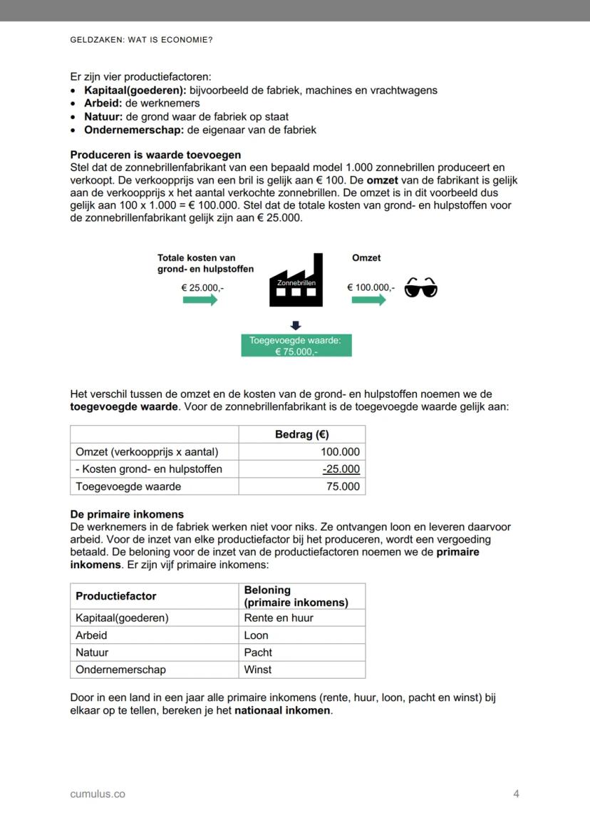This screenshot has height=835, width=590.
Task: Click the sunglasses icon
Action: coord(420,289)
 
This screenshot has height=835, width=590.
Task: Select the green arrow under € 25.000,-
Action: coord(200,301)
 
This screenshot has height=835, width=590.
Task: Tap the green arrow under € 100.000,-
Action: coord(368,301)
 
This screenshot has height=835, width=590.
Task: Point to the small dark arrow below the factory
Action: coord(296,324)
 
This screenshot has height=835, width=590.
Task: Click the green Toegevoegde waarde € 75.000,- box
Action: coord(296,346)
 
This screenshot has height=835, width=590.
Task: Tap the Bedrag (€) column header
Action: coord(301,434)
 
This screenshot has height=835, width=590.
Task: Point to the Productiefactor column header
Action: coord(115,596)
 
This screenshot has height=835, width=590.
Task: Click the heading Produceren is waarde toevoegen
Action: coord(155,155)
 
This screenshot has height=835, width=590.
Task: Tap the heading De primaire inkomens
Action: coord(127,514)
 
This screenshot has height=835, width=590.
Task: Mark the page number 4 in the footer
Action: coord(516,794)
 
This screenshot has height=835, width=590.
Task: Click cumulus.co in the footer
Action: coord(98,794)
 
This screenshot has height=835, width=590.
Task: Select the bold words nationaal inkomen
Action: coord(283,711)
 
